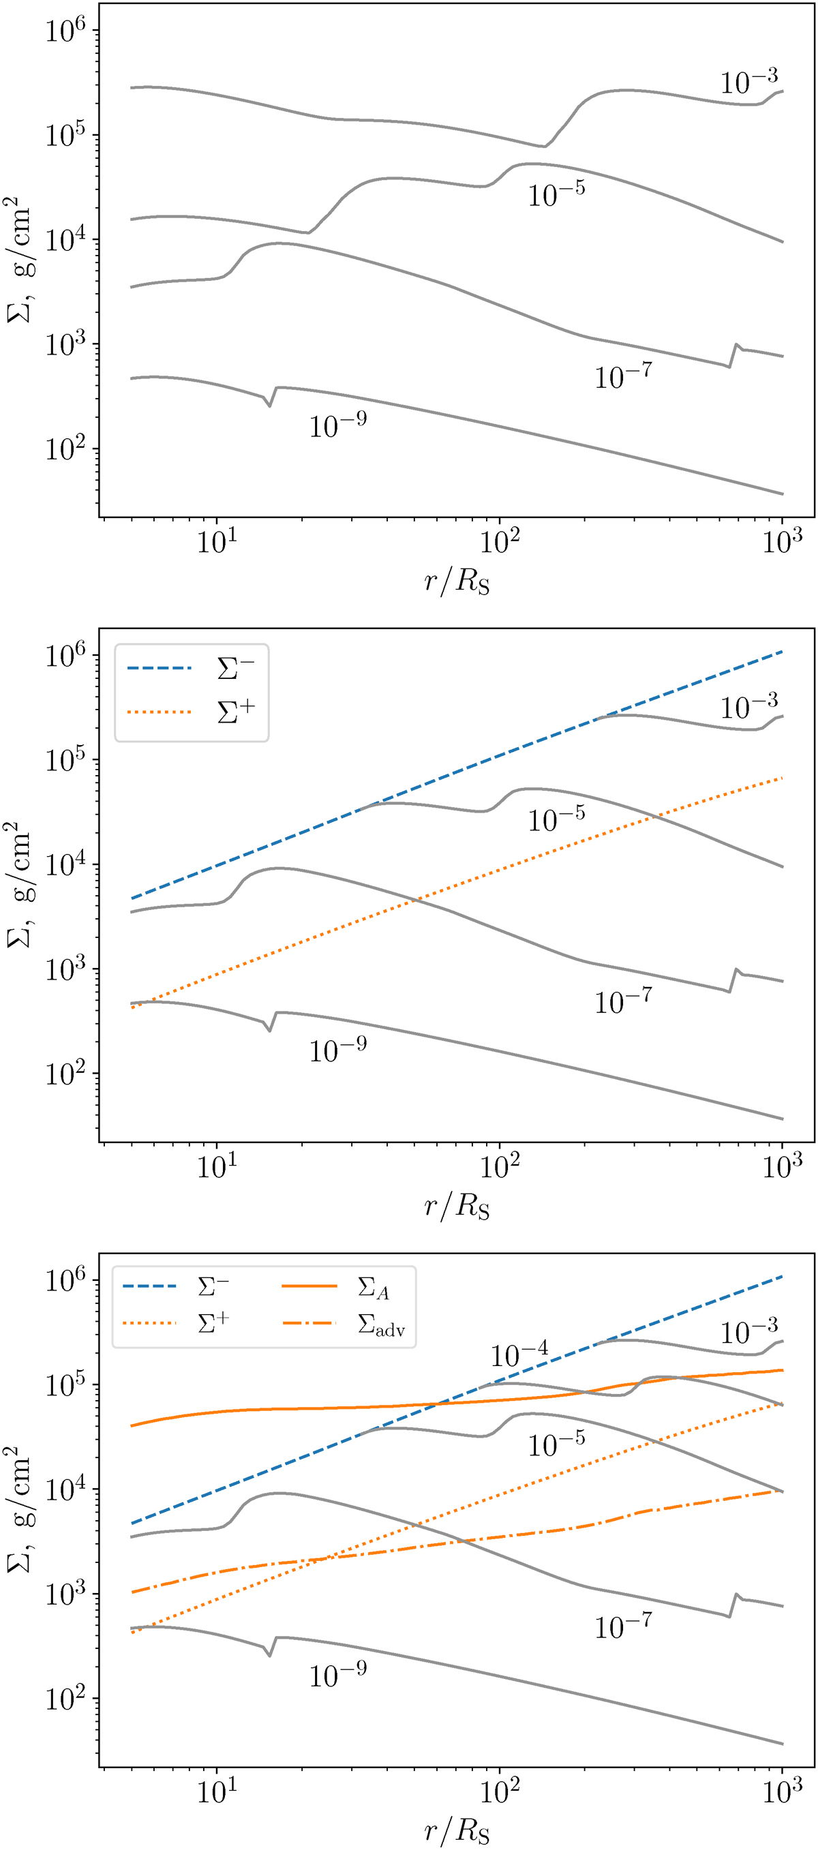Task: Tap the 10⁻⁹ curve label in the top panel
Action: pos(337,425)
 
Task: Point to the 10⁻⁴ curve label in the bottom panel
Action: pos(519,1354)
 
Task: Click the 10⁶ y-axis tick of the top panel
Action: pos(65,30)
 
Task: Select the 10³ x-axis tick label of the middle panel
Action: pos(781,1168)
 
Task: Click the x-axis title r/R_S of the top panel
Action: pos(457,580)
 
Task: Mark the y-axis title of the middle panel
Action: pos(19,885)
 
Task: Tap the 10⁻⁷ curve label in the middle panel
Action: pos(622,1001)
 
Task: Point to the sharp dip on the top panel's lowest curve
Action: pos(269,406)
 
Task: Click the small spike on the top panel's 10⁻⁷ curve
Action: pos(736,346)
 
